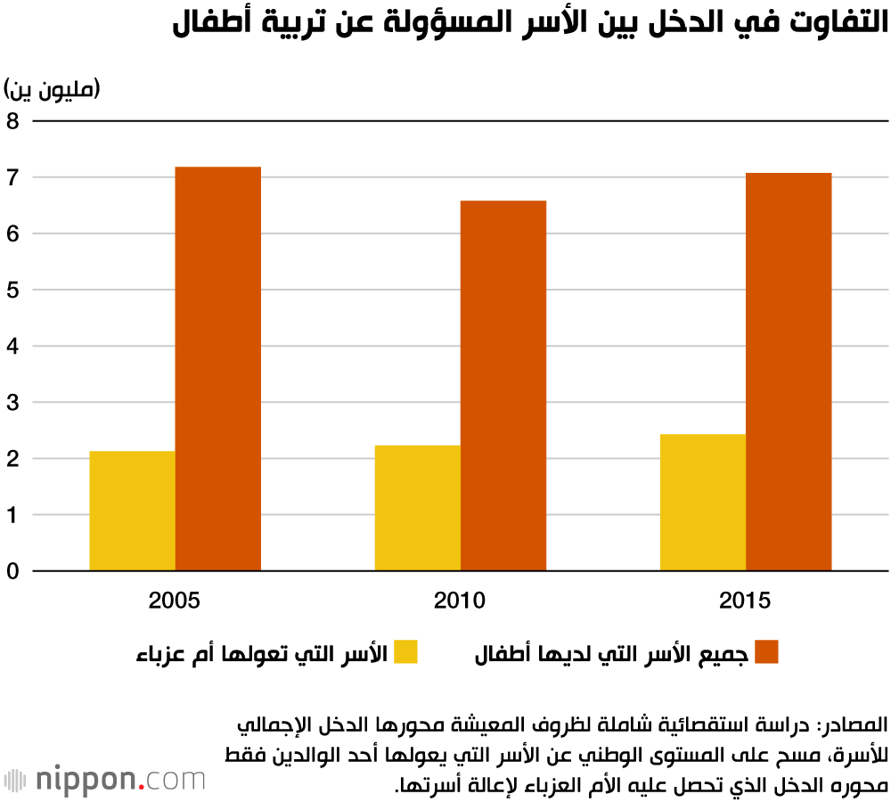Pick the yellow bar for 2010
(417, 508)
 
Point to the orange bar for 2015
(788, 372)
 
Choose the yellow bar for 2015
(702, 503)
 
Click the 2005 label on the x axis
(175, 600)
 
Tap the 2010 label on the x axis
(460, 600)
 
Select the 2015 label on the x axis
(745, 600)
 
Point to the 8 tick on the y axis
(13, 121)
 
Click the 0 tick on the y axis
(13, 571)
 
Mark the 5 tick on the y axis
(13, 290)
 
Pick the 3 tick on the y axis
(13, 402)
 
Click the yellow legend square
(406, 652)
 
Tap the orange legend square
(766, 652)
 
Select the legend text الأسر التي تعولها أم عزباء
(261, 652)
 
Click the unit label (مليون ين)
(53, 89)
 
